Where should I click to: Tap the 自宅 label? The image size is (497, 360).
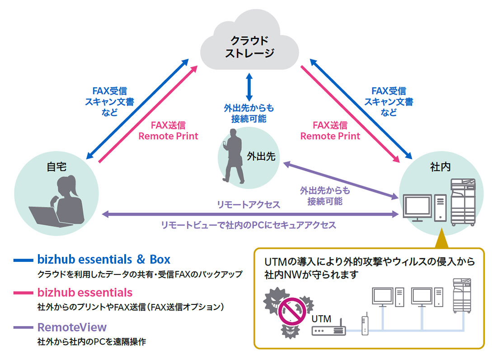56,166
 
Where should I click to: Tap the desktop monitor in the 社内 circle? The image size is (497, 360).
417,208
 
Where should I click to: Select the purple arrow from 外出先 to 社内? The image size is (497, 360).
339,180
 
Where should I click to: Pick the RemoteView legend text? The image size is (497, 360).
72,327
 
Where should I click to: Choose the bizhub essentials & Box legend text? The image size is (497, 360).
104,260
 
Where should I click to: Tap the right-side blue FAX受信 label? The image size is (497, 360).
388,91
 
